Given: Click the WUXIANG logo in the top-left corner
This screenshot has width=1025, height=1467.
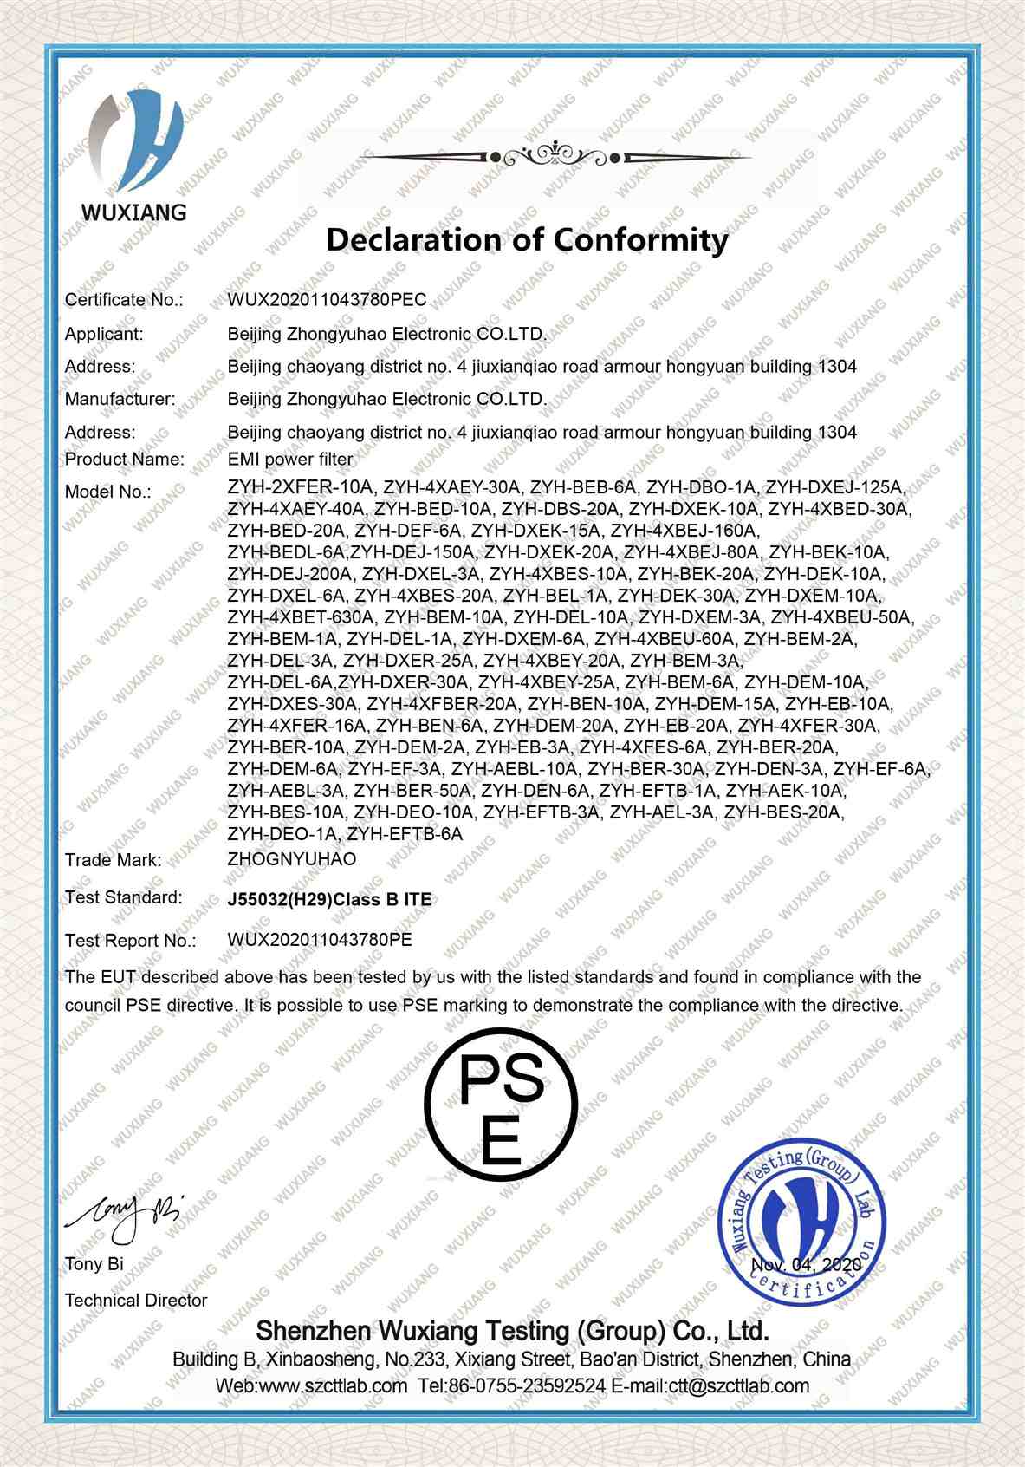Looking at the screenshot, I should click(133, 157).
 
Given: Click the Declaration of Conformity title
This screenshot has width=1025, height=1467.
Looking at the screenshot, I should click(527, 238).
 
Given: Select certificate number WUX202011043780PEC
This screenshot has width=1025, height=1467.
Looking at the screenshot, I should click(328, 300).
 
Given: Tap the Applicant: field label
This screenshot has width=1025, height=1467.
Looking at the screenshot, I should click(104, 334).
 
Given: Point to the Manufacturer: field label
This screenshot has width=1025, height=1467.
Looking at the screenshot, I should click(120, 400).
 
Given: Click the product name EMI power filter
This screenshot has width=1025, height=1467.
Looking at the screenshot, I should click(290, 459).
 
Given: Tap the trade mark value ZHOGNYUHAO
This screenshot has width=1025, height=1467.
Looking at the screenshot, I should click(292, 859).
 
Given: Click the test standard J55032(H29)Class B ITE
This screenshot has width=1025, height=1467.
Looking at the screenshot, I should click(329, 899).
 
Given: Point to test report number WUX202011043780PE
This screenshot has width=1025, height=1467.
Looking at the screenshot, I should click(320, 939).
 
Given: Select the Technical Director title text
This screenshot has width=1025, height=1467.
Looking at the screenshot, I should click(136, 1301).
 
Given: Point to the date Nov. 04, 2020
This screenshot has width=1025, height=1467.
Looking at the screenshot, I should click(806, 1265).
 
